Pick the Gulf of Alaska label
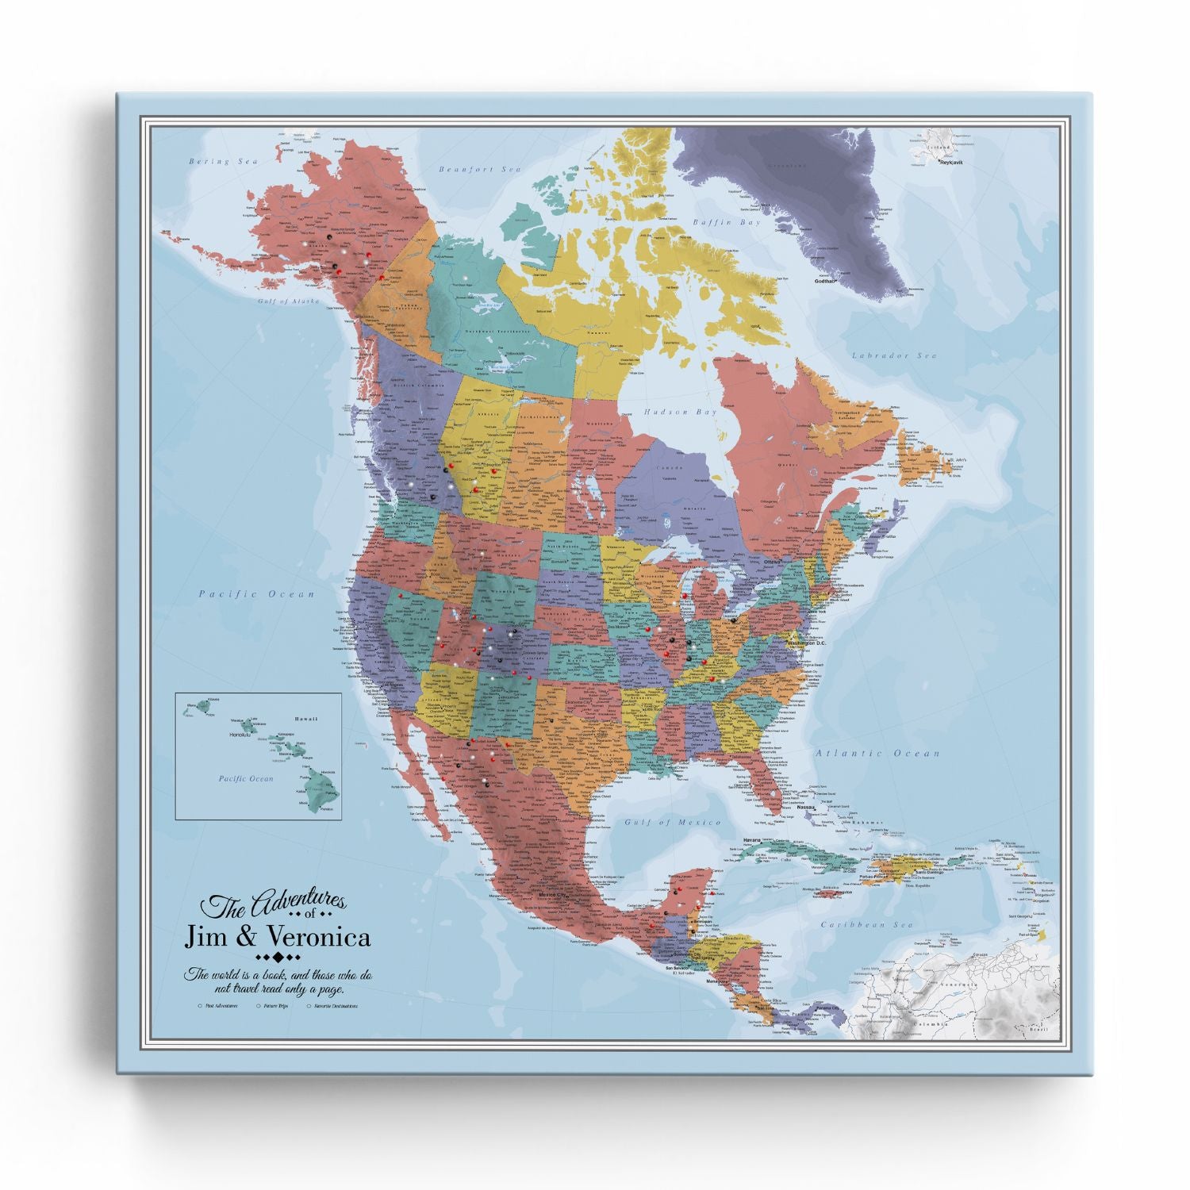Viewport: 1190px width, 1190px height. (x=287, y=302)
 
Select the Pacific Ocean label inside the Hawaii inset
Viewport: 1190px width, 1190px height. (x=246, y=779)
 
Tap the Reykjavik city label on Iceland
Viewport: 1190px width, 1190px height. (x=950, y=163)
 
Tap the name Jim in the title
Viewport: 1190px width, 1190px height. (x=205, y=938)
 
